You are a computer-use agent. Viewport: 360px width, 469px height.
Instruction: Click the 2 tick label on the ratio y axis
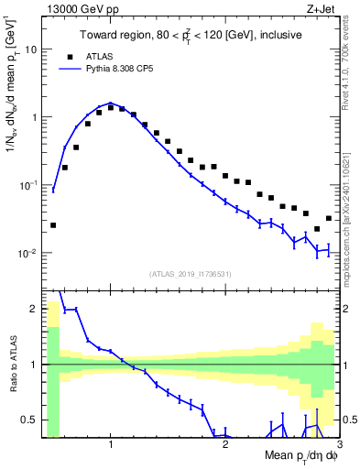click(x=34, y=309)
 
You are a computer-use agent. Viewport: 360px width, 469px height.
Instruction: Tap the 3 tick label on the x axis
click(x=339, y=444)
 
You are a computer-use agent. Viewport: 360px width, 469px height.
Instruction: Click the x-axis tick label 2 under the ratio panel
click(x=225, y=444)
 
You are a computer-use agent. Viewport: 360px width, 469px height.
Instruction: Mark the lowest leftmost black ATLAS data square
click(x=53, y=224)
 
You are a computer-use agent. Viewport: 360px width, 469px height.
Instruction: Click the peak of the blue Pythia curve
click(x=110, y=103)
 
